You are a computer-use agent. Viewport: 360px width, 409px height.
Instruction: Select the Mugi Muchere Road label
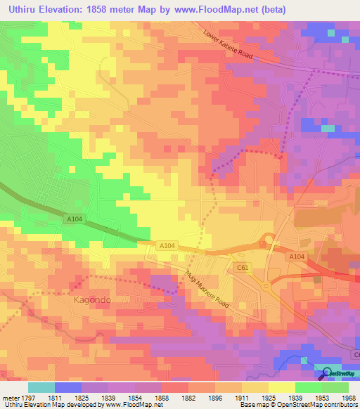[x=208, y=287]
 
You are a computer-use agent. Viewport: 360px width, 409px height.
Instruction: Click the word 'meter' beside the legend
[x=10, y=397]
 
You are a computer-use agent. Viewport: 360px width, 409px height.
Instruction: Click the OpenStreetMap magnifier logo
[x=328, y=374]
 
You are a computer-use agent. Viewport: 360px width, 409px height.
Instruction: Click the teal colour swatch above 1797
[x=41, y=387]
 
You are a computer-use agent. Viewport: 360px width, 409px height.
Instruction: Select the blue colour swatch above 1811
[x=68, y=387]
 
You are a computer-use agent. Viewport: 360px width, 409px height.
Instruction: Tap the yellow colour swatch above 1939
[x=282, y=387]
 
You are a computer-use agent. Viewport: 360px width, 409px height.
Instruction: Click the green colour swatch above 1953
[x=309, y=387]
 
